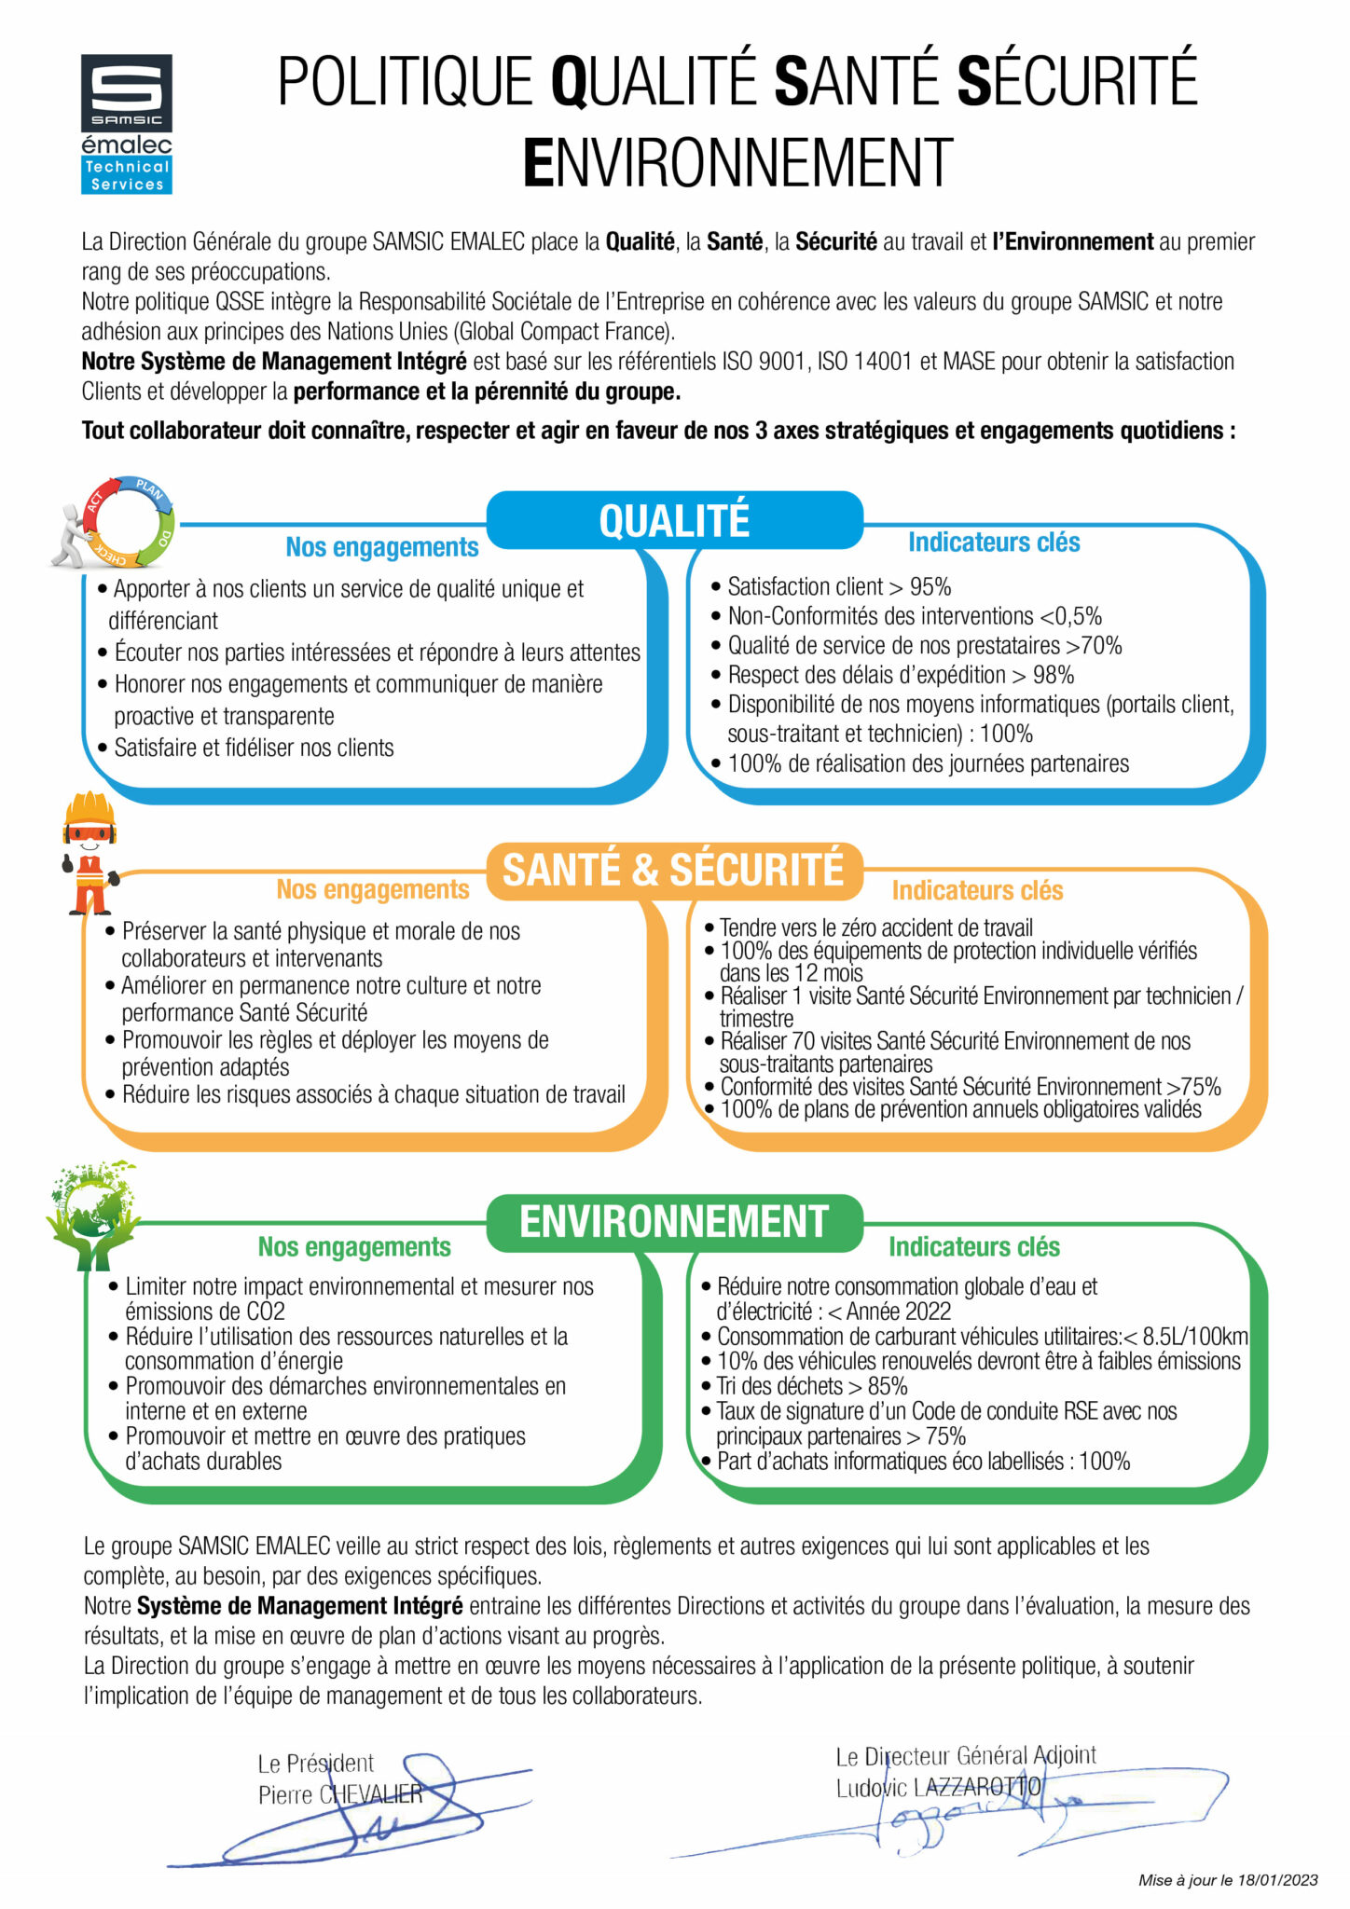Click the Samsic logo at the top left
126,92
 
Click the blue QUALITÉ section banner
674,520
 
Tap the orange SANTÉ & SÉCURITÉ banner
673,870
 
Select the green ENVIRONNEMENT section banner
674,1222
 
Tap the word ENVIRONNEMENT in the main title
737,163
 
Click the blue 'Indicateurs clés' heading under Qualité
994,542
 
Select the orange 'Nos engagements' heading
373,889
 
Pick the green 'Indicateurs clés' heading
974,1247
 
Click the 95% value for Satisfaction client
930,587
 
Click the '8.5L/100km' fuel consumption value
1195,1336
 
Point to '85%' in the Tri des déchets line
887,1386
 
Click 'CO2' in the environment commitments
266,1312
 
